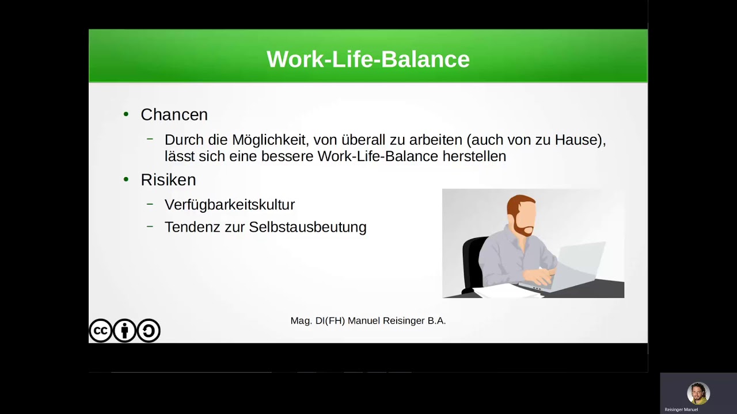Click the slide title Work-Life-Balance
368,59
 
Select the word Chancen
174,114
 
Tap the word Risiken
168,180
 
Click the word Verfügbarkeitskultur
229,205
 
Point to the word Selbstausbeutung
307,227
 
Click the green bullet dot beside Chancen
126,114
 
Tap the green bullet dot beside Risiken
126,180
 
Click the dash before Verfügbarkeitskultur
150,204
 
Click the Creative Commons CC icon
100,331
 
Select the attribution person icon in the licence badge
124,331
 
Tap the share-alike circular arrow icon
149,331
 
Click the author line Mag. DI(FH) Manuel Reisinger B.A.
368,321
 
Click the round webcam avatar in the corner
698,393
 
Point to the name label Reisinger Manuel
681,409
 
